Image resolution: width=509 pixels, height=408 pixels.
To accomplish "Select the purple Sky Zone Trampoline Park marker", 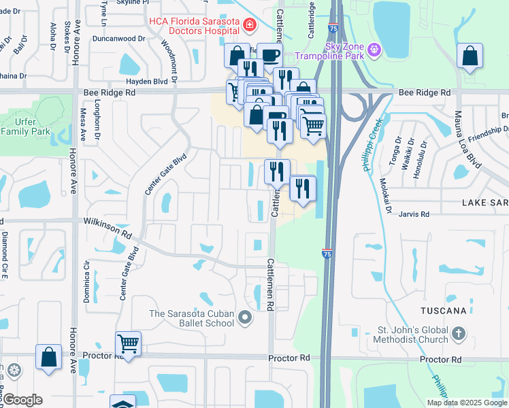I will [x=374, y=50].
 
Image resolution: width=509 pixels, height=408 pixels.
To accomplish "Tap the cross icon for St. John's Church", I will [x=459, y=333].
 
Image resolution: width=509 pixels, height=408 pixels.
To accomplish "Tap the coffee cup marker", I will [x=269, y=56].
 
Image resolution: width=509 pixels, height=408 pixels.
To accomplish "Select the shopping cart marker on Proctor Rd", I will [x=128, y=343].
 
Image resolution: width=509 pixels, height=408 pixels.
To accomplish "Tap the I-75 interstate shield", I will [x=327, y=253].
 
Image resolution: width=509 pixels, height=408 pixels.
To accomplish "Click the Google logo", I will [x=22, y=400].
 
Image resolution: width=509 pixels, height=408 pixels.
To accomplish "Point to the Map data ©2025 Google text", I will [x=467, y=403].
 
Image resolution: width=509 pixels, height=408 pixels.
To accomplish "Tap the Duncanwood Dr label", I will [x=121, y=40].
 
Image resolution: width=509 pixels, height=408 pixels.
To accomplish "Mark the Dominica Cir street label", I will [x=86, y=279].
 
